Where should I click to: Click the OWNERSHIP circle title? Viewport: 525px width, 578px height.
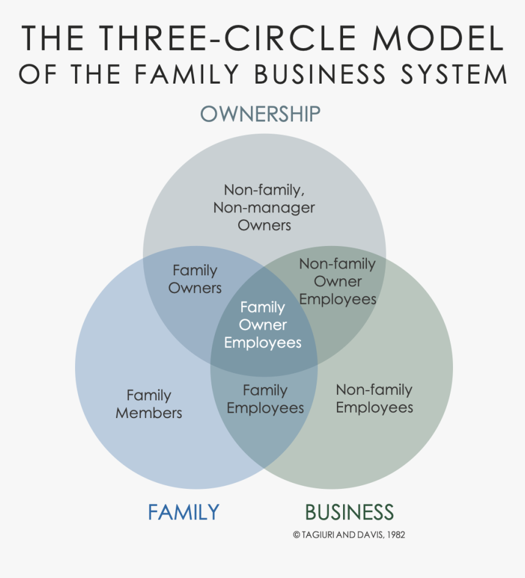tap(261, 114)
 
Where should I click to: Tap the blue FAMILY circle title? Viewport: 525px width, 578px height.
tap(183, 511)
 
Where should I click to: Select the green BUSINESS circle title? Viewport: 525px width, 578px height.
tap(349, 511)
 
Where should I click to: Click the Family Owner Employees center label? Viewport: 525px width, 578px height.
tap(262, 325)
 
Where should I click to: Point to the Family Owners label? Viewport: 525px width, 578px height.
tap(195, 279)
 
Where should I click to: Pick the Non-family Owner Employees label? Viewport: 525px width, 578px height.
tap(338, 281)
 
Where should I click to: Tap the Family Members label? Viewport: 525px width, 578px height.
tap(149, 404)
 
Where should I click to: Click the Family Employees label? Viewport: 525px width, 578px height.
tap(265, 399)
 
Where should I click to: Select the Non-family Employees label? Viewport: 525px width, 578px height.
tap(374, 399)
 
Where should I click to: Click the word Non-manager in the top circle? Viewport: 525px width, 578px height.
tap(264, 208)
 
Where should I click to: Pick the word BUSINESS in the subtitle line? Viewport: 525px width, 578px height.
tap(320, 74)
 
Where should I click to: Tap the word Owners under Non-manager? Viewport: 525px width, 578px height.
tap(264, 225)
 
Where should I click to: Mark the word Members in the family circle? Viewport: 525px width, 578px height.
tap(149, 413)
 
